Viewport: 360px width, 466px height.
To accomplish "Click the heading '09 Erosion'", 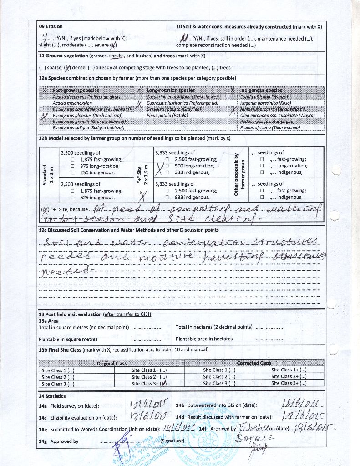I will click(51, 26).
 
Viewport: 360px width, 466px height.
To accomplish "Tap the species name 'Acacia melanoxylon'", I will click(72, 103).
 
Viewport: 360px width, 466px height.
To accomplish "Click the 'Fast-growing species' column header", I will click(76, 91).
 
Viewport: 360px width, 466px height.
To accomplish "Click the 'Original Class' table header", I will click(112, 363).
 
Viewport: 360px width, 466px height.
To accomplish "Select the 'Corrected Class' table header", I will click(254, 363).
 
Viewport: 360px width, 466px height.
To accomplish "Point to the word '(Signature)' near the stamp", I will click(170, 441).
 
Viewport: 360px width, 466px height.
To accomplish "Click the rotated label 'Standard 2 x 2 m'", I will click(48, 174).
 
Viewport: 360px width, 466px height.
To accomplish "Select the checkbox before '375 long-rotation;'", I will click(73, 167).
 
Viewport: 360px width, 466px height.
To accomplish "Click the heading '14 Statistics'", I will click(52, 396).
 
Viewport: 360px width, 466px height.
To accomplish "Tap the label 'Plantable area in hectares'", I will click(204, 339).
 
